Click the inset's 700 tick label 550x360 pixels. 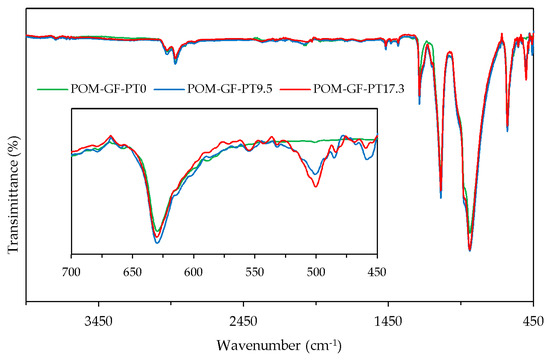point(71,271)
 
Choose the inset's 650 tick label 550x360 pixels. point(132,271)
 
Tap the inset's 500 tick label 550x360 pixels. point(316,271)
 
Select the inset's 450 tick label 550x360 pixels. point(377,271)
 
